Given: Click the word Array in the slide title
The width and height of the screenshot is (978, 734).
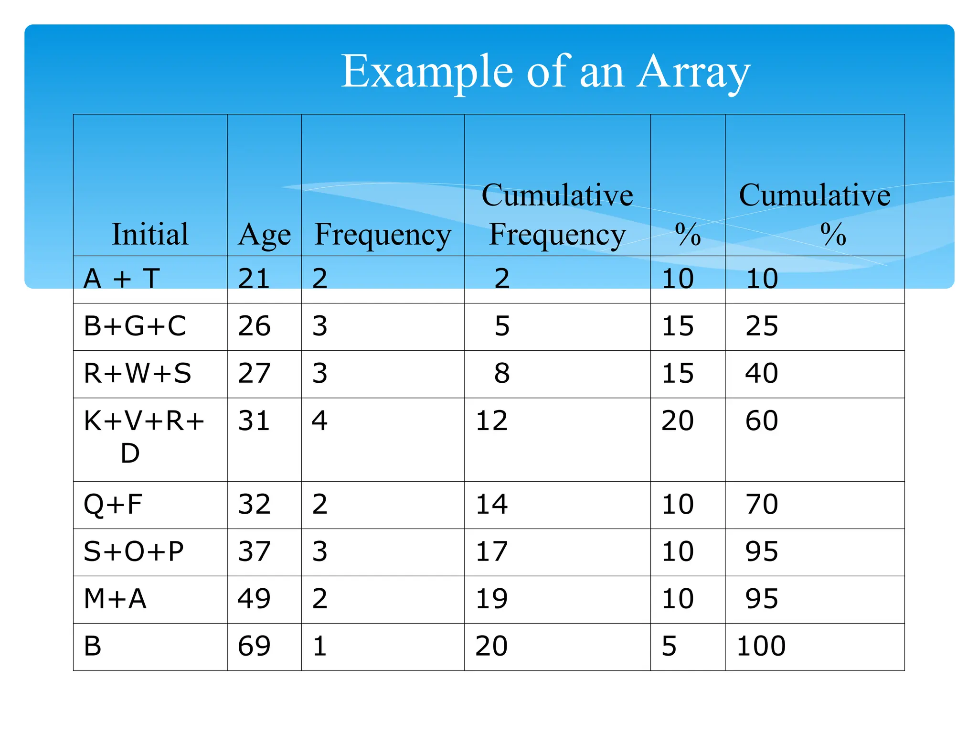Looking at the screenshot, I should (693, 72).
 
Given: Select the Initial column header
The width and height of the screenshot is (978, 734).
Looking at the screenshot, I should (150, 234).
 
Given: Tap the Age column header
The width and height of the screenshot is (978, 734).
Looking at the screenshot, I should (264, 235).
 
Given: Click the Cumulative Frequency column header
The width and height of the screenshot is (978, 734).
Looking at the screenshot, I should (557, 215).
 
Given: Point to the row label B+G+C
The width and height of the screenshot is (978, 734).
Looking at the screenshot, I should (135, 326).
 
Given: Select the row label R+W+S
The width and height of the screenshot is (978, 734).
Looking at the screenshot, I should (137, 373).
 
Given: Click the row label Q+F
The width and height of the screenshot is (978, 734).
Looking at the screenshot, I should (113, 505).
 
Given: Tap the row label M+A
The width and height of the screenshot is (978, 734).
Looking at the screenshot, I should (115, 599).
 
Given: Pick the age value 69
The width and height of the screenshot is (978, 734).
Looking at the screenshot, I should (254, 646).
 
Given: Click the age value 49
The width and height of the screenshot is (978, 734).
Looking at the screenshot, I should (254, 599).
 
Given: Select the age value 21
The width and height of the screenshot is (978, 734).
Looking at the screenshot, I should (254, 279).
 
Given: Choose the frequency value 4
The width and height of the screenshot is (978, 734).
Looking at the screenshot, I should (319, 421).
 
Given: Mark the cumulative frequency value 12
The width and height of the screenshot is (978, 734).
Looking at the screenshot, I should (491, 421).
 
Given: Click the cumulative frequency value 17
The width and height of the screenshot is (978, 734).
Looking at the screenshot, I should (491, 551).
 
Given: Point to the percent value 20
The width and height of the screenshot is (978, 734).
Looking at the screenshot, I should (677, 421).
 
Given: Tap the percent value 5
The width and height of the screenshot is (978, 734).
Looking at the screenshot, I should (669, 646).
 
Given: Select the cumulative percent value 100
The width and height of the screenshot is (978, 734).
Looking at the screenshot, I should (761, 646).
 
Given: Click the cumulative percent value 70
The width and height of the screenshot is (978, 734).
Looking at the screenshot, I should (762, 505).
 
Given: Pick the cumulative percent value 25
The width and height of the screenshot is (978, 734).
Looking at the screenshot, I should (762, 326).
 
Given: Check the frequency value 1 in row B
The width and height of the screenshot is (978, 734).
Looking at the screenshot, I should (319, 646).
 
